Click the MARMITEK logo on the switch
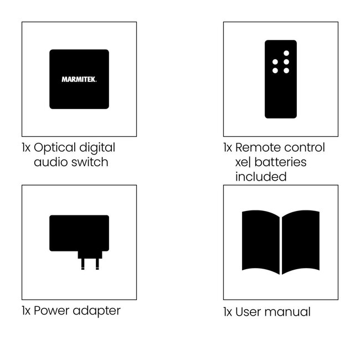79,79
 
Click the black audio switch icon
79,94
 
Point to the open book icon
281,242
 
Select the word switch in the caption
90,162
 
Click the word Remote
258,148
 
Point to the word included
261,176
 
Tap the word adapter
98,311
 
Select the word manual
287,311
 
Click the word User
248,311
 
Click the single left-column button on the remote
275,62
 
